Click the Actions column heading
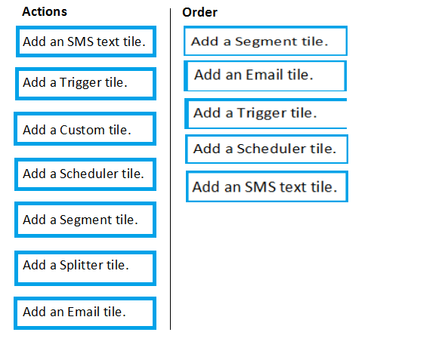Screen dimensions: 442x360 click(x=45, y=12)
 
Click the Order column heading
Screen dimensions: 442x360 click(x=199, y=12)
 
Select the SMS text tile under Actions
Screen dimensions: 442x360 click(x=86, y=42)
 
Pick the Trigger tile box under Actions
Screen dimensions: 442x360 click(x=85, y=84)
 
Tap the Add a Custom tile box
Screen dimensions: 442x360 click(x=85, y=128)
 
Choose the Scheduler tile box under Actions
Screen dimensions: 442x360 click(x=85, y=174)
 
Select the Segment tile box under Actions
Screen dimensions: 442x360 click(x=85, y=220)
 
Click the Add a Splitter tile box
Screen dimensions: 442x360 click(x=85, y=268)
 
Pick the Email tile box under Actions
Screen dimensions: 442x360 click(x=85, y=313)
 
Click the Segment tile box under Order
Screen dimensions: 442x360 click(x=265, y=41)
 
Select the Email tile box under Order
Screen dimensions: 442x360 click(x=265, y=76)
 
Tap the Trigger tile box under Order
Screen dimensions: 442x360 click(x=265, y=113)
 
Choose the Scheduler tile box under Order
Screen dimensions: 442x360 click(x=267, y=149)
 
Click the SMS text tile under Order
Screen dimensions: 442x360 click(x=267, y=186)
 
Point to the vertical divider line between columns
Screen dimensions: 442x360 click(x=170, y=169)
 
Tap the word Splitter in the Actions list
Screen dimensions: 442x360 click(x=82, y=266)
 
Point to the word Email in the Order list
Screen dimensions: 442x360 click(x=264, y=75)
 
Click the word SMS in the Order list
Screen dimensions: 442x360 click(x=260, y=187)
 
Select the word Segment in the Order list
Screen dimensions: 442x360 click(x=266, y=42)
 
